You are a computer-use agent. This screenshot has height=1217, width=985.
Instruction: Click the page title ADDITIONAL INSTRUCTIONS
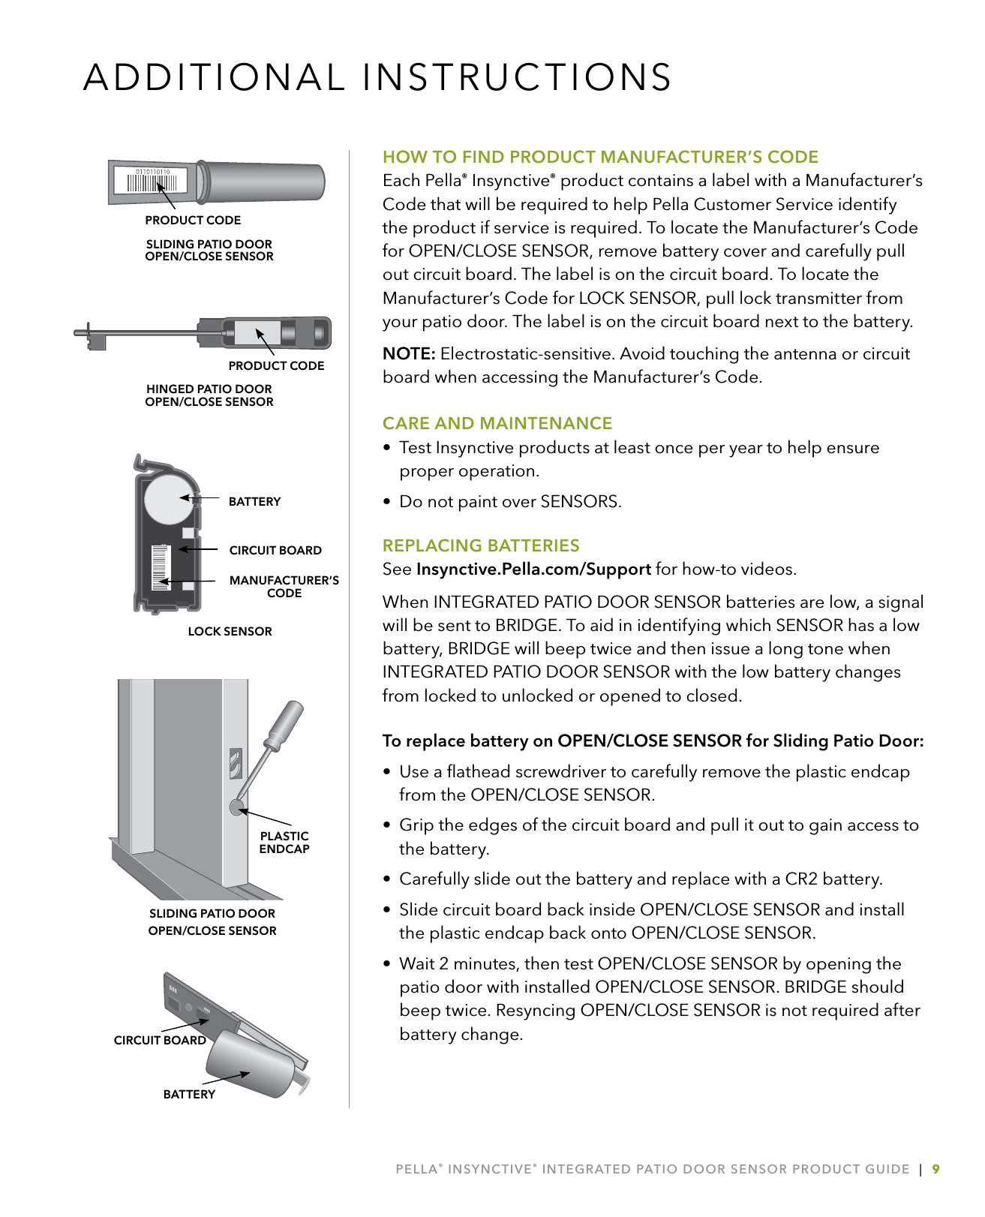[x=377, y=78]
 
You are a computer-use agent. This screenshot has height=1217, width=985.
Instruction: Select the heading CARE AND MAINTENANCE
[x=497, y=423]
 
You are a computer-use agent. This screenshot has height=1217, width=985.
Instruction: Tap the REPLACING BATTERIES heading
[x=480, y=545]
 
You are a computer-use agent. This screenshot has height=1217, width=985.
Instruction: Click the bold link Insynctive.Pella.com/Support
[x=533, y=569]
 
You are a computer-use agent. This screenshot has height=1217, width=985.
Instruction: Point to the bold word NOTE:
[x=409, y=354]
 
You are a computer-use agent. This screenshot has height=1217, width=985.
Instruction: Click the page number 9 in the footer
[x=935, y=1169]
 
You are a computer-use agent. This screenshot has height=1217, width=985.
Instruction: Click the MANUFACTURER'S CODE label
[x=284, y=587]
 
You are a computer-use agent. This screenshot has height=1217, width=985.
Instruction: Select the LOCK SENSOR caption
[x=230, y=632]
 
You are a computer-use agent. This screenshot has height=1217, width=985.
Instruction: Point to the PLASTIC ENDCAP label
[x=284, y=843]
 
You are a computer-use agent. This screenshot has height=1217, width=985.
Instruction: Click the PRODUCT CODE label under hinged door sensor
[x=276, y=366]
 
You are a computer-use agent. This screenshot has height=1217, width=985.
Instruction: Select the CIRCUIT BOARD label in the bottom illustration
[x=159, y=1041]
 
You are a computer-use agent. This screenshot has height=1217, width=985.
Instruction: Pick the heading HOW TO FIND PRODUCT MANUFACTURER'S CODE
[x=600, y=157]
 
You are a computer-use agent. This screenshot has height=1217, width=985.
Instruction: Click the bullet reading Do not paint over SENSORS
[x=509, y=502]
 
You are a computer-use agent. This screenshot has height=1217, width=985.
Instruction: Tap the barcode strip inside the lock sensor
[x=160, y=567]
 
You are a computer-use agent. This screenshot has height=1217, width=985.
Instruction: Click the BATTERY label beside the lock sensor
[x=254, y=502]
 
